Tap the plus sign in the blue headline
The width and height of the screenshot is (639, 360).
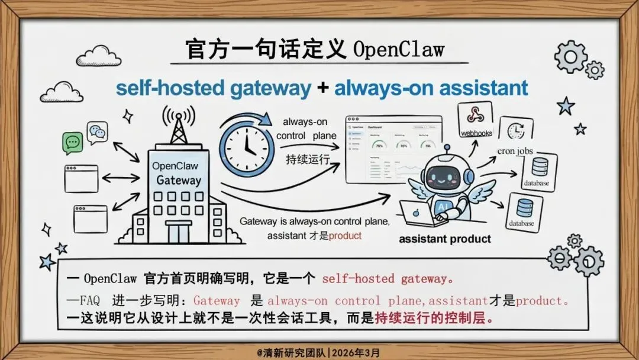pos(322,88)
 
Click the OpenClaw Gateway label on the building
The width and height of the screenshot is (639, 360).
pos(176,173)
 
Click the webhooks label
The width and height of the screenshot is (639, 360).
pos(476,133)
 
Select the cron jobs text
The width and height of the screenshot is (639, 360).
pos(515,151)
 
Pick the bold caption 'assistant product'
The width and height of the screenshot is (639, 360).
pos(445,239)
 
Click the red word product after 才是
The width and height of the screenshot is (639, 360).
pos(345,235)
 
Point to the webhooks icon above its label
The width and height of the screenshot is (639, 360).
pos(476,114)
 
